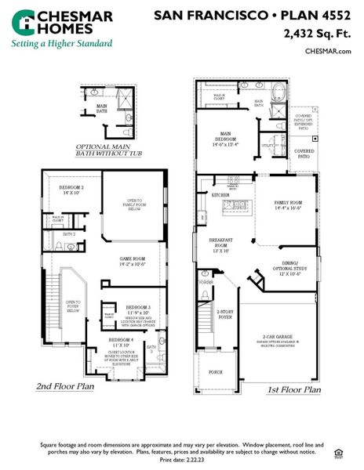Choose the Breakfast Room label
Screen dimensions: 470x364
220,245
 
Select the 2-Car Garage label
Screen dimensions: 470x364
278,336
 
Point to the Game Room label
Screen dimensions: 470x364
130,261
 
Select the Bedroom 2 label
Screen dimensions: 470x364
72,190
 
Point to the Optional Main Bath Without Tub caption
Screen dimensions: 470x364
107,150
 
